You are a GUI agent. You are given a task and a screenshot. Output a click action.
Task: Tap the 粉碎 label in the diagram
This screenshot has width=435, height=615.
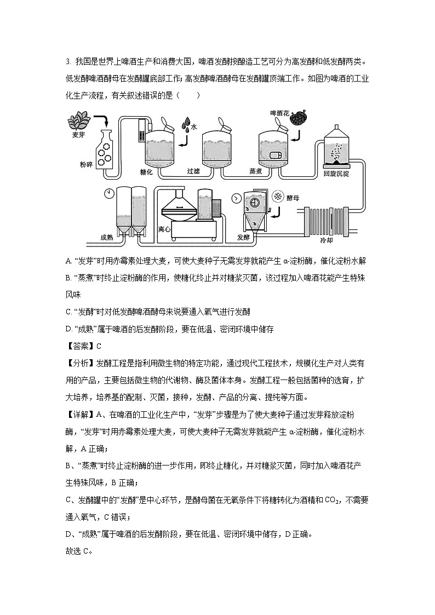[88, 164]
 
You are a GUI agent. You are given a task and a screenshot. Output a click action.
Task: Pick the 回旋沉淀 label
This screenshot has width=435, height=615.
[336, 173]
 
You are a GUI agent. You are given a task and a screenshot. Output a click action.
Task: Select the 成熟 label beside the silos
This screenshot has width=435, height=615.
[107, 237]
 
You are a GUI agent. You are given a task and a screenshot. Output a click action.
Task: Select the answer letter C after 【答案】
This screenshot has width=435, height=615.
[99, 346]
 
